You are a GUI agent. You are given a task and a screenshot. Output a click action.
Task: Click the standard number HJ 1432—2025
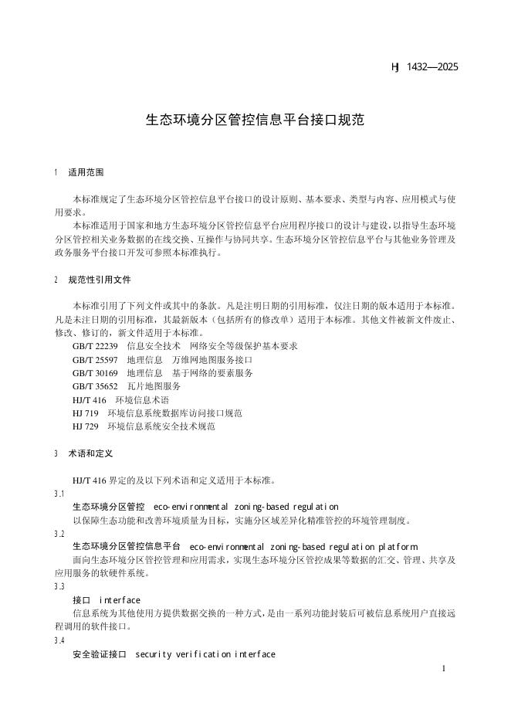pyautogui.click(x=425, y=67)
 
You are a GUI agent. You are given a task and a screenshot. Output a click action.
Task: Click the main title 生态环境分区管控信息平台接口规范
pyautogui.click(x=255, y=120)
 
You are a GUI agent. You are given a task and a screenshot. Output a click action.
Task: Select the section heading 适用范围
pyautogui.click(x=86, y=172)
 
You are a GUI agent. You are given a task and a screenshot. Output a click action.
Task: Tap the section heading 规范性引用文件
pyautogui.click(x=100, y=279)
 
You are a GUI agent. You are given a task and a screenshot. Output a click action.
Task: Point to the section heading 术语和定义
pyautogui.click(x=90, y=453)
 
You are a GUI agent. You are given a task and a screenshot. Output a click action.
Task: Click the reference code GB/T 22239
pyautogui.click(x=95, y=346)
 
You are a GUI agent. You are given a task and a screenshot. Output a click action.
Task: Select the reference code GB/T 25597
pyautogui.click(x=95, y=360)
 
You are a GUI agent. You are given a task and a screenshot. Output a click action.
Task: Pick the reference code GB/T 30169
pyautogui.click(x=95, y=373)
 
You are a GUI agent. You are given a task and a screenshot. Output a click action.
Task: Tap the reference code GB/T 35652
pyautogui.click(x=95, y=386)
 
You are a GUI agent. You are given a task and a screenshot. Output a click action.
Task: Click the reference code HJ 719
pyautogui.click(x=85, y=413)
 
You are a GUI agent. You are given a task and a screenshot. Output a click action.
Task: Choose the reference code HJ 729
pyautogui.click(x=85, y=426)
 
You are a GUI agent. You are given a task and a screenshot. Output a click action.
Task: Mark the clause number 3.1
pyautogui.click(x=59, y=494)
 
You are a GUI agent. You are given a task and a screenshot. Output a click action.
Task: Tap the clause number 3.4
pyautogui.click(x=59, y=641)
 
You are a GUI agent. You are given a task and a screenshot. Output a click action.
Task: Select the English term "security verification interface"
pyautogui.click(x=205, y=655)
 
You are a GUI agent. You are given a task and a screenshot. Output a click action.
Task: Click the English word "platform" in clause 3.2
pyautogui.click(x=396, y=547)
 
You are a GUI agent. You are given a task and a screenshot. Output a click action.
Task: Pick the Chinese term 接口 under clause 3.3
pyautogui.click(x=81, y=600)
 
